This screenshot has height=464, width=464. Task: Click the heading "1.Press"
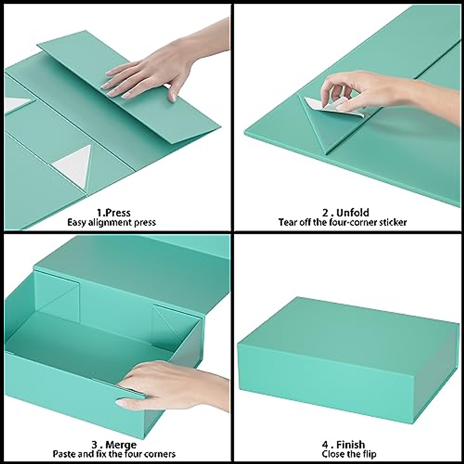coord(113,213)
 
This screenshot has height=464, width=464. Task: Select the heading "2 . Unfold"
coord(345,213)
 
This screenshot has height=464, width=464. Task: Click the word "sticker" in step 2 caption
coord(391,222)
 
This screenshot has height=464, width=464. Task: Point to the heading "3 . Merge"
coord(113,445)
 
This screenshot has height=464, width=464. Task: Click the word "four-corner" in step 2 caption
coord(351,222)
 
